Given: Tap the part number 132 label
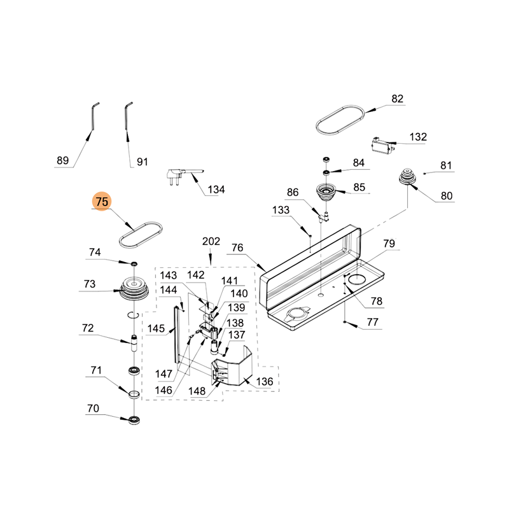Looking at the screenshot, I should (x=418, y=137).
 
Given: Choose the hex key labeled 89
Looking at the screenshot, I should (x=92, y=118).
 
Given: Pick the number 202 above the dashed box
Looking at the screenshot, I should (x=211, y=242).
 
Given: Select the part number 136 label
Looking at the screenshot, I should (x=264, y=382).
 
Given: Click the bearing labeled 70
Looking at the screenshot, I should (x=134, y=419).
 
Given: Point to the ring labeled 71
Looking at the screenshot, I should (x=134, y=395).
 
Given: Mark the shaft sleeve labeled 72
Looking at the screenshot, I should (x=134, y=343).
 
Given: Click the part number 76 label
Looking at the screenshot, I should (x=237, y=248).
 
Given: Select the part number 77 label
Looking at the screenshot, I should (x=372, y=323).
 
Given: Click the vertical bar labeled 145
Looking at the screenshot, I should (x=176, y=337).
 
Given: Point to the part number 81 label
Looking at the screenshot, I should (x=446, y=166).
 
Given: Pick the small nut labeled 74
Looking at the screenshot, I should (x=134, y=263).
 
